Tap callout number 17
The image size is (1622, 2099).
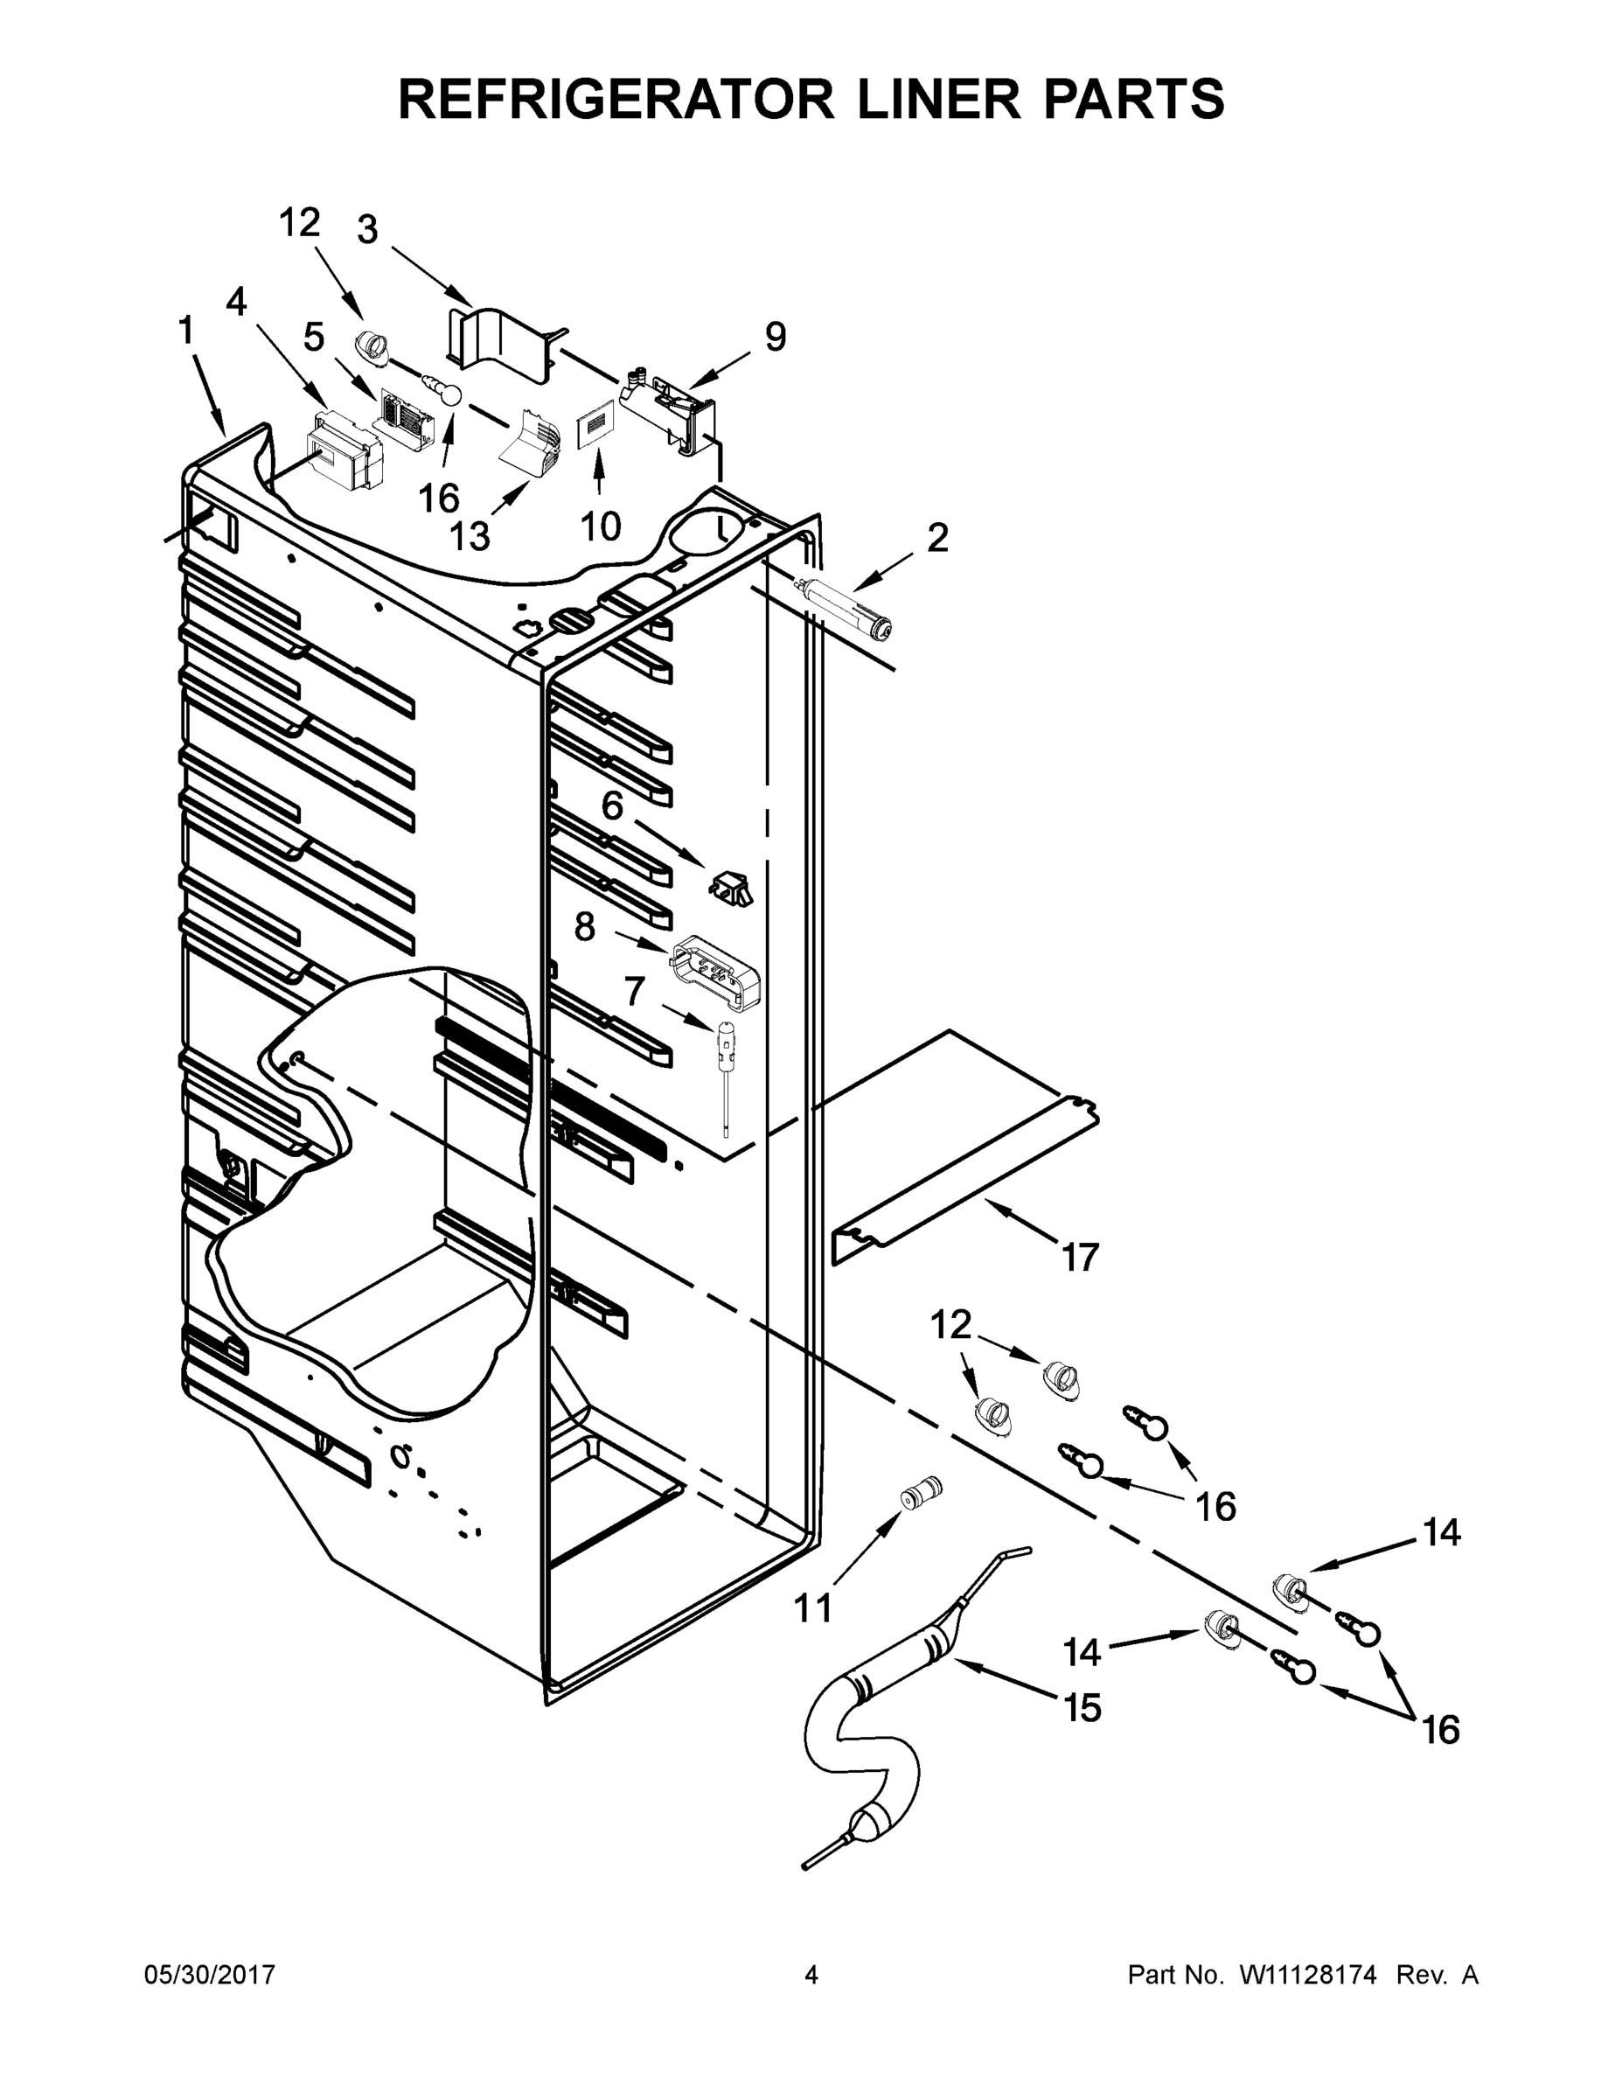pos(1080,1256)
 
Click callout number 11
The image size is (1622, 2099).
pos(813,1607)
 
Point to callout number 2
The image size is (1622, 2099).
pos(936,537)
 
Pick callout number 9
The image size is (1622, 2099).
pos(776,337)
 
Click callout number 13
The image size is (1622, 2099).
pos(470,535)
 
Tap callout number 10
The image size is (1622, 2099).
pos(601,525)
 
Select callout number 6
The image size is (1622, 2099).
pos(612,805)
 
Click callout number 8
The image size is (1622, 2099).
pos(585,927)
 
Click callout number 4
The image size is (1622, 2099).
pos(236,302)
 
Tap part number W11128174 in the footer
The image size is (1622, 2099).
pos(1309,1975)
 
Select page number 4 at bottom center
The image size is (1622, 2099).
pos(811,1975)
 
